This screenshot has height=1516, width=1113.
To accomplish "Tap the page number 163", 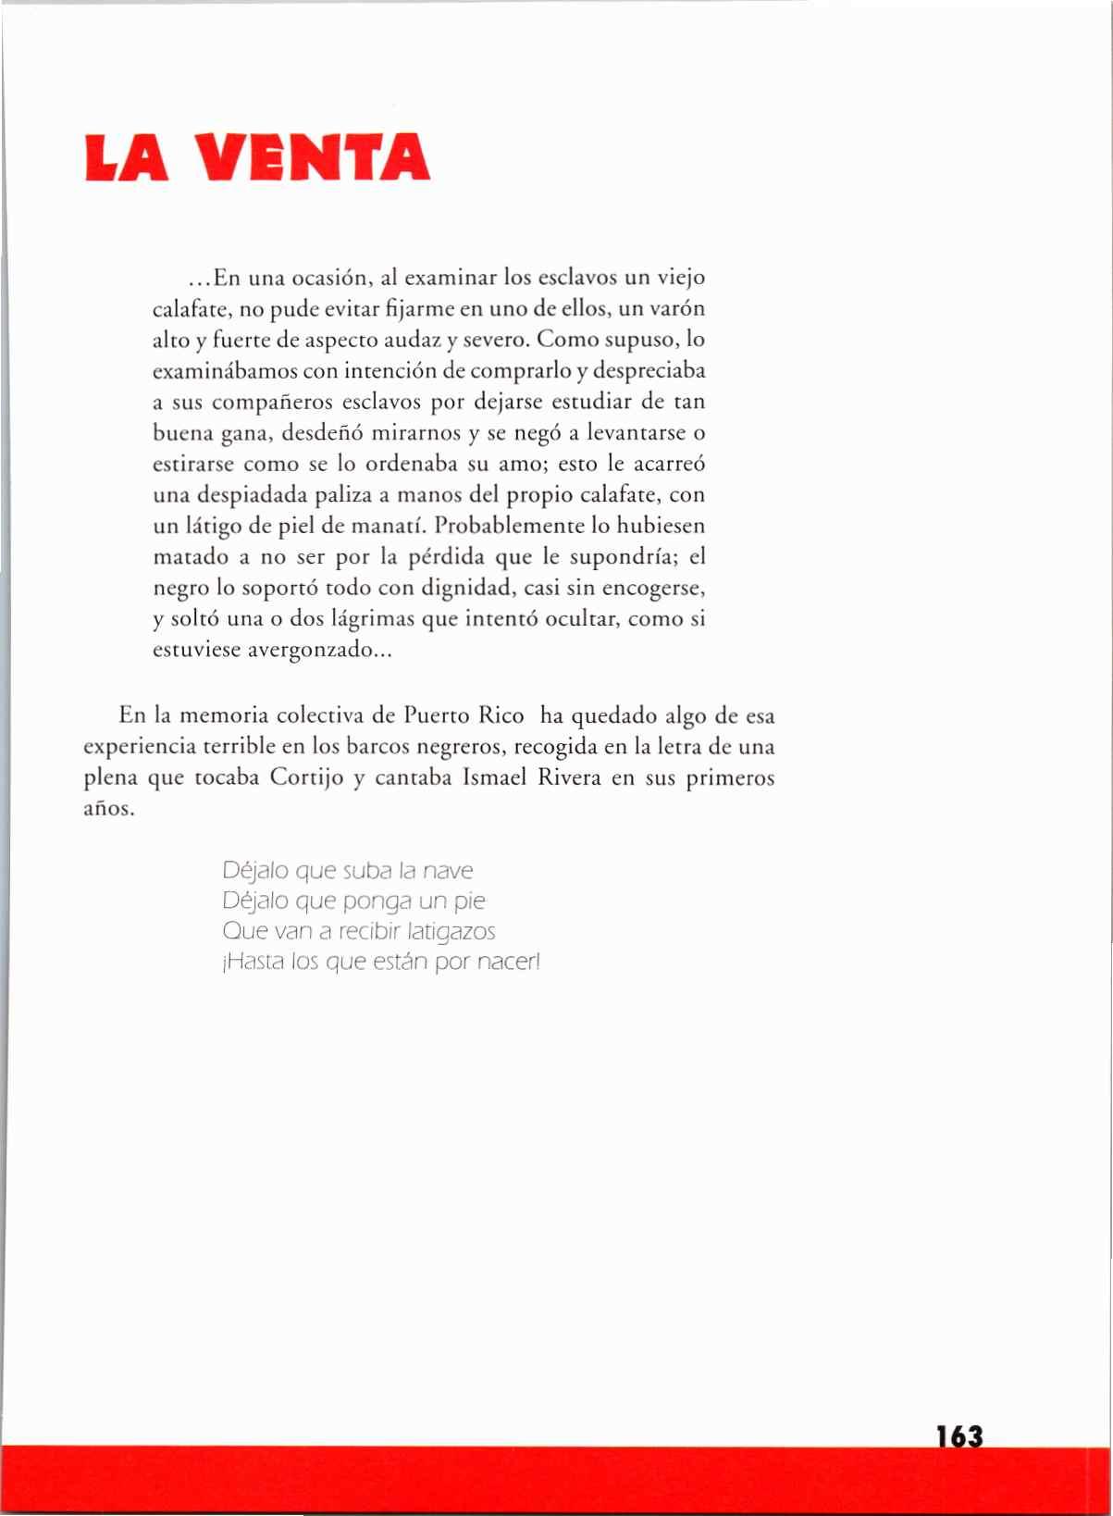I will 958,1436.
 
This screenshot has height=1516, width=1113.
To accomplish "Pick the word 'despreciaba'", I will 649,371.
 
